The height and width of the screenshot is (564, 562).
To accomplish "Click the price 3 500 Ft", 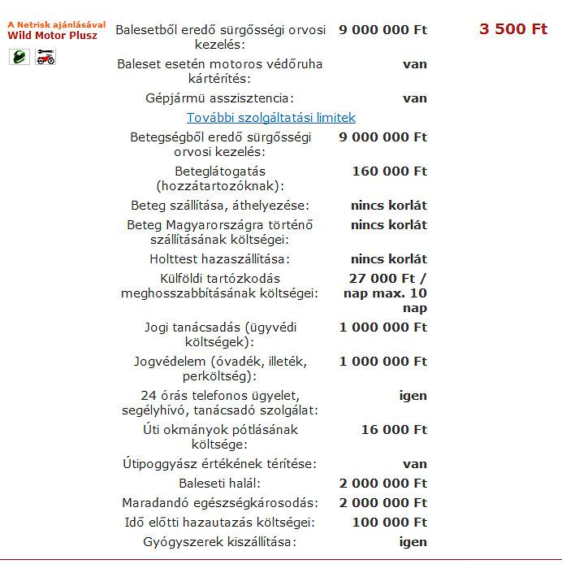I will [x=513, y=29].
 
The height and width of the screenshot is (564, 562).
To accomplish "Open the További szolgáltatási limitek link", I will [x=271, y=118].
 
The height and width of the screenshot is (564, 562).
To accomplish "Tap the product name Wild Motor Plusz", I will [x=52, y=36].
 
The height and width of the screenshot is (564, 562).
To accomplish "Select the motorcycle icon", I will [x=45, y=57].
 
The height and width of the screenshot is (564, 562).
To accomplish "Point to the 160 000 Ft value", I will [x=389, y=171].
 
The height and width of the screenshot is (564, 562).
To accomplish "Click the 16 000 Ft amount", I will [x=394, y=430].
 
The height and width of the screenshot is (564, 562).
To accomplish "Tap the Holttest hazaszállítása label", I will [x=220, y=259].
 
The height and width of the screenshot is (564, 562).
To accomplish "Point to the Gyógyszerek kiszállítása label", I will [x=219, y=542].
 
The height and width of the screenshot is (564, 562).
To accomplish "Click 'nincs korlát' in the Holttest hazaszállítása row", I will [x=388, y=259].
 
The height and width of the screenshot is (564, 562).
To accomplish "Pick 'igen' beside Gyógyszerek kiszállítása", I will [x=413, y=542].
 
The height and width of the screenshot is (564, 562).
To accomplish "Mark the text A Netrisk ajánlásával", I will [x=56, y=24].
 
